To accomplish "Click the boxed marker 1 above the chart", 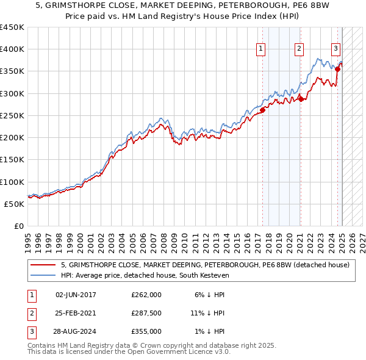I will point(261,50).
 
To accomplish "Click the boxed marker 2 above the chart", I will point(300,50).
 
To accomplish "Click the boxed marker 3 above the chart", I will point(336,50).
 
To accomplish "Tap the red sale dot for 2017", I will point(263,110).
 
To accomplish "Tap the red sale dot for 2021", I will point(301,99).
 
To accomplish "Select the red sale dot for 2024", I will point(337,69).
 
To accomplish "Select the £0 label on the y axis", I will point(19,226).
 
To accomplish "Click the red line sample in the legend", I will point(43,265).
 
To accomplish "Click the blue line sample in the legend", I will point(43,275).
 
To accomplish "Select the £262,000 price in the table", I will point(146,295).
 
